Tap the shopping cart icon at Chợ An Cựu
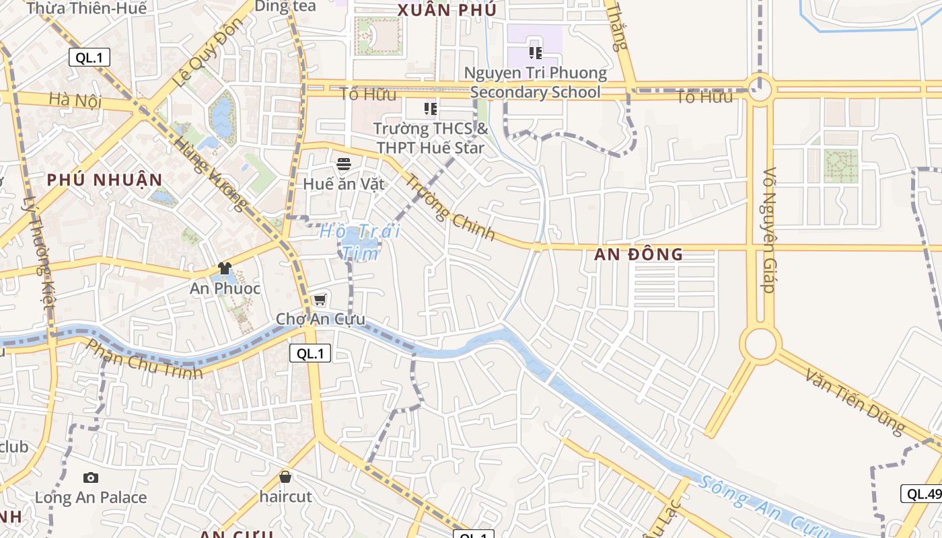(320, 299)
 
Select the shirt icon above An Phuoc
(225, 268)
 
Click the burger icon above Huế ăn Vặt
(344, 164)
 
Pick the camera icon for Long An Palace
(91, 477)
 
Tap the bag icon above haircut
(285, 477)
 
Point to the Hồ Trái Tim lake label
(360, 242)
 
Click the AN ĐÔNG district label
(639, 254)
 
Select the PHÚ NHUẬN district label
(104, 180)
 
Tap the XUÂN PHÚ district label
(447, 10)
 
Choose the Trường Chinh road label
(450, 207)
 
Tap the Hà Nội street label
(75, 101)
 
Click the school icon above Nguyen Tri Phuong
(536, 52)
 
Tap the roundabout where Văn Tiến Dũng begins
(760, 344)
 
